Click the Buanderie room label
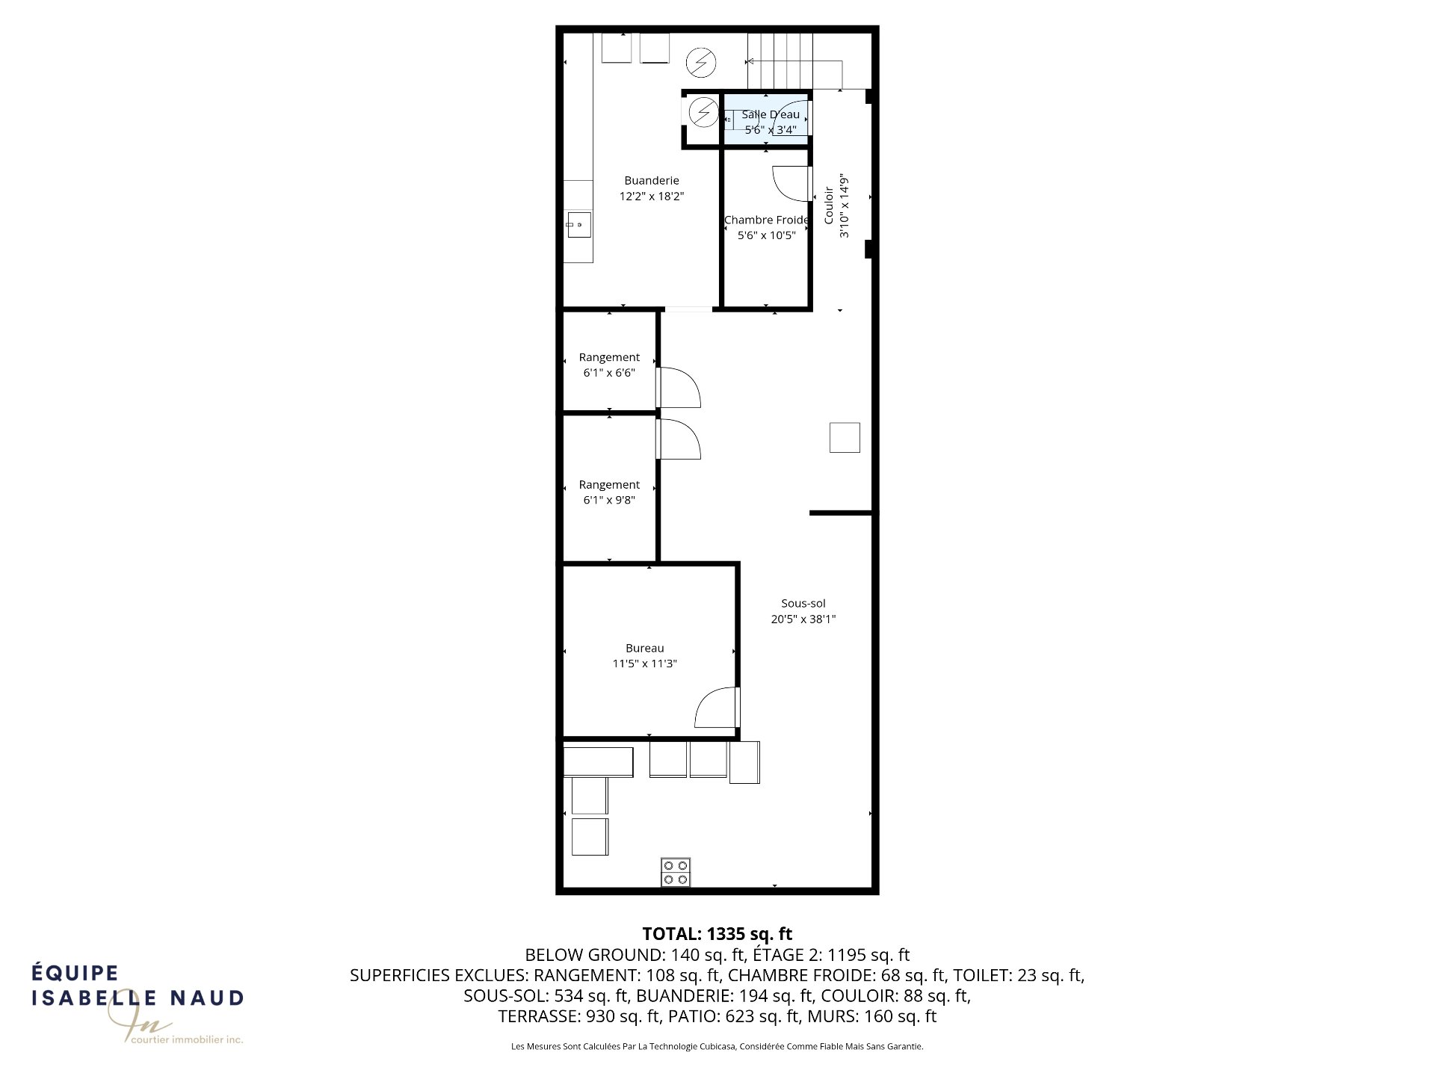pos(652,181)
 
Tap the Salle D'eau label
pos(771,114)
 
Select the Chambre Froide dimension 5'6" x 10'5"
pos(767,235)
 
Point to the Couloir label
pos(829,205)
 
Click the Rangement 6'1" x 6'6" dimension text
pos(609,373)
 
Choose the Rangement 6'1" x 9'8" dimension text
pos(609,501)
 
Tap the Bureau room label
pos(645,649)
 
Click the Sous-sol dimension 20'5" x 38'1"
pos(803,619)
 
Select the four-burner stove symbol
pos(676,872)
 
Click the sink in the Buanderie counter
pos(578,224)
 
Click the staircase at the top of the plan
pos(795,61)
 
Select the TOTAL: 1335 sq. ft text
pos(717,934)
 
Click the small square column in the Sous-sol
pos(845,437)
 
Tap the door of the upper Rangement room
pos(679,387)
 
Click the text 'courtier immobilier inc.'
pos(187,1039)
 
